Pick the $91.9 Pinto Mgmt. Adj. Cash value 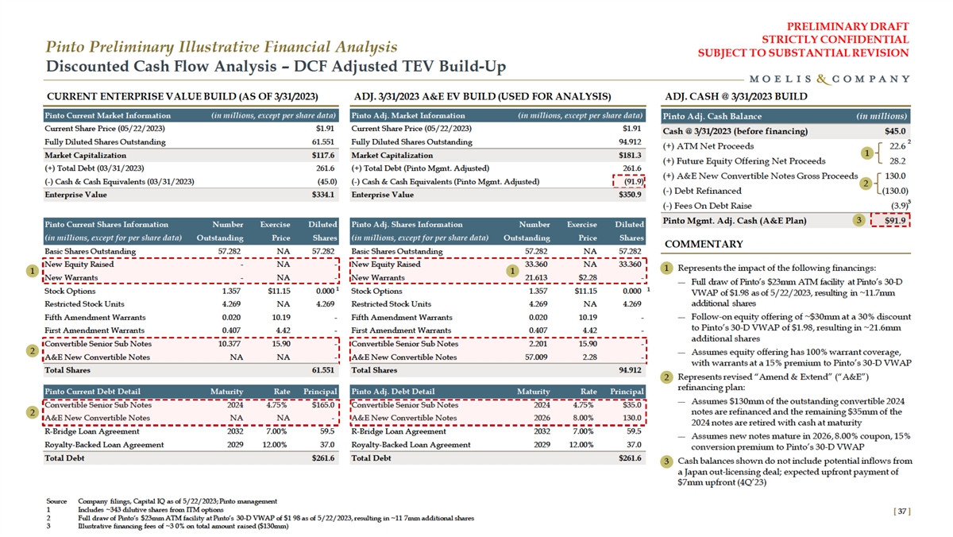[x=894, y=221]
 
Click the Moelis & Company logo [x=829, y=79]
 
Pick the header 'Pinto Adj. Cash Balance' [x=703, y=116]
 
